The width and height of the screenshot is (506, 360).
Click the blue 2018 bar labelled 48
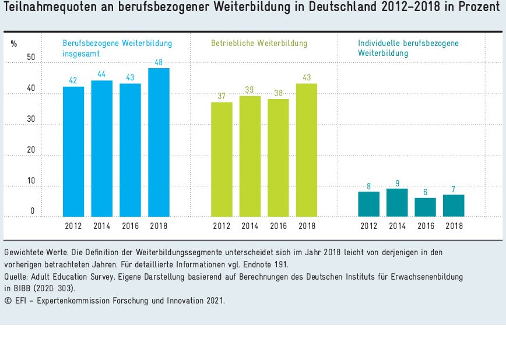click(x=159, y=143)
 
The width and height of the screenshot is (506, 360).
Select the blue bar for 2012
click(x=73, y=151)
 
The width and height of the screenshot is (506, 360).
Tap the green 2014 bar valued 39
click(x=250, y=156)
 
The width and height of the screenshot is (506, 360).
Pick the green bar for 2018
click(x=307, y=150)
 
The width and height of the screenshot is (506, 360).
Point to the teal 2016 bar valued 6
click(x=425, y=207)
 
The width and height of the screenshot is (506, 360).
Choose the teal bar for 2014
click(x=397, y=203)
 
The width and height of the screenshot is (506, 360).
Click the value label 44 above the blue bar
click(x=101, y=75)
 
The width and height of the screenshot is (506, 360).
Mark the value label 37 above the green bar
click(x=222, y=96)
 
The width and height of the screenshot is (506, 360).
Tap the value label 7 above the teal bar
click(x=454, y=189)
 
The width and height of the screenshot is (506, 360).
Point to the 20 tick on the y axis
click(x=31, y=150)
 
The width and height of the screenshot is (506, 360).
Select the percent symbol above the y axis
click(x=14, y=44)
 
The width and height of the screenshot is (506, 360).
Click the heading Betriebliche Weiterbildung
click(x=259, y=44)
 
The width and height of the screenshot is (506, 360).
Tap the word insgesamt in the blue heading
click(x=81, y=54)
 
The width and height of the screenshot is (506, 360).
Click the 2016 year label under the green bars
click(x=278, y=226)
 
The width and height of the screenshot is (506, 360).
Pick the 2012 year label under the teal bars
click(x=368, y=226)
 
